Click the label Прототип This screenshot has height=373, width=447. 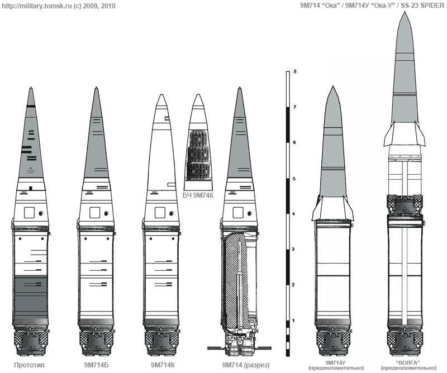[x=29, y=365]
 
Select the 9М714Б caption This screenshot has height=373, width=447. [x=96, y=365]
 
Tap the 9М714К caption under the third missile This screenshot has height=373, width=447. [x=163, y=365]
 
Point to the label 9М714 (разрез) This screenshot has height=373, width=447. [x=246, y=365]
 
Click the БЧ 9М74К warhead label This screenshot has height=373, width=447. [x=198, y=195]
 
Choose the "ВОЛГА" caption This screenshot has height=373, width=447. [x=408, y=363]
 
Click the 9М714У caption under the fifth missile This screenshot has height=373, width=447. [x=336, y=363]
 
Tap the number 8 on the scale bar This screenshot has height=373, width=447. [x=295, y=71]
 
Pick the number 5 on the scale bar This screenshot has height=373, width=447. [x=295, y=179]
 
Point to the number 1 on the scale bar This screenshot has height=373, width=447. [x=293, y=321]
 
